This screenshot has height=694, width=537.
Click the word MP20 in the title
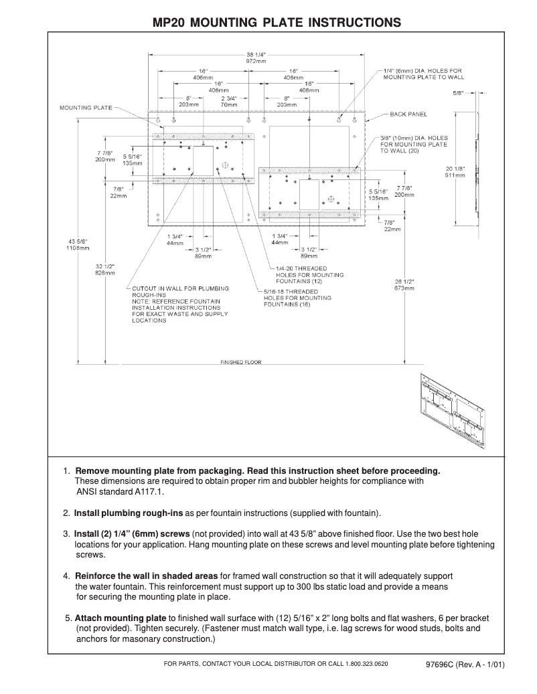[x=169, y=23]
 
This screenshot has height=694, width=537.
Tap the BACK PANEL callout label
[x=408, y=114]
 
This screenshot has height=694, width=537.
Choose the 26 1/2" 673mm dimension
[x=404, y=284]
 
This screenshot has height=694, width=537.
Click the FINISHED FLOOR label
[x=241, y=363]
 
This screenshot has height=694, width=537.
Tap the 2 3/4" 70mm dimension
[x=230, y=101]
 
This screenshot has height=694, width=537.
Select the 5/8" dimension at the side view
[x=459, y=93]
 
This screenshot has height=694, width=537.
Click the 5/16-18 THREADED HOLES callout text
[x=297, y=298]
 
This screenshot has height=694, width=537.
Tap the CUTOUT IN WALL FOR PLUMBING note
[x=180, y=288]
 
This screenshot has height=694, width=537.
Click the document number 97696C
[x=440, y=665]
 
